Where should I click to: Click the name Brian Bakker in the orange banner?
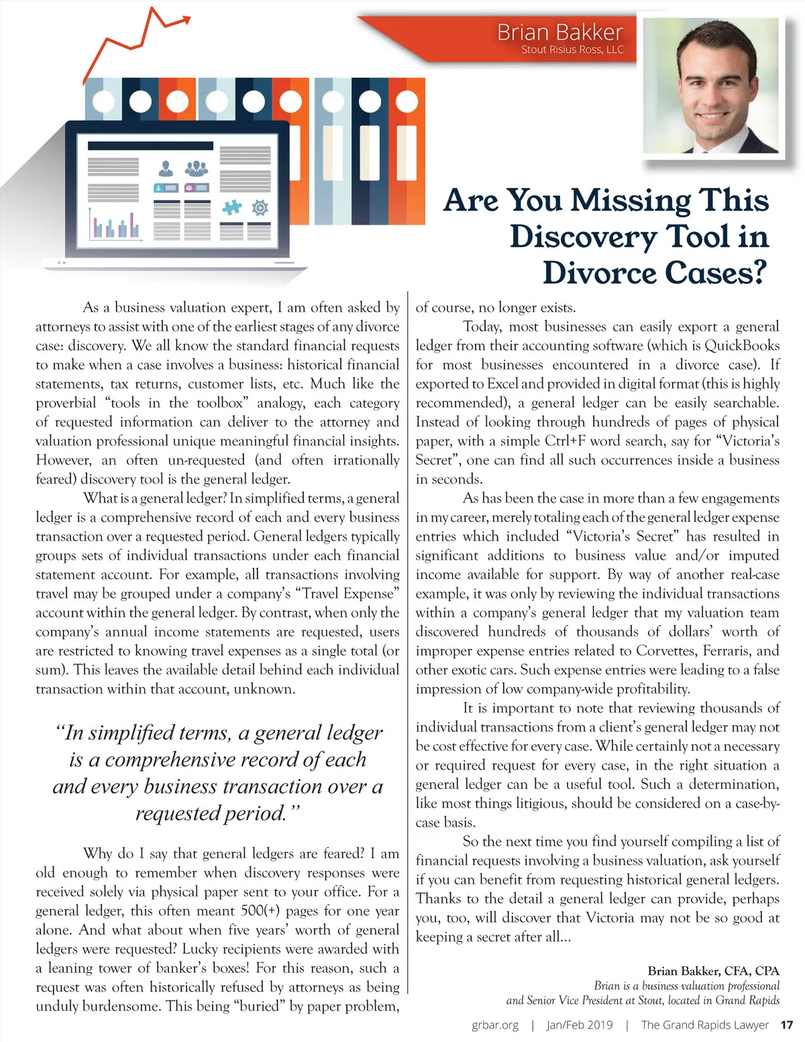(559, 32)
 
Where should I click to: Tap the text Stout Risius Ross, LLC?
(572, 50)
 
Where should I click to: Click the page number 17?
(786, 1025)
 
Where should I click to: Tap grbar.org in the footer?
(495, 1025)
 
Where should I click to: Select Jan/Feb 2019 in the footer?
(579, 1025)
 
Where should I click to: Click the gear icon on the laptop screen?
(260, 207)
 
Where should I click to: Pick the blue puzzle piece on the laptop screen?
(231, 207)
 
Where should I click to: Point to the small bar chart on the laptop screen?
(115, 225)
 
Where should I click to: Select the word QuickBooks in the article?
(741, 346)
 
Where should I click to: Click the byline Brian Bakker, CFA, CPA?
(713, 971)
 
